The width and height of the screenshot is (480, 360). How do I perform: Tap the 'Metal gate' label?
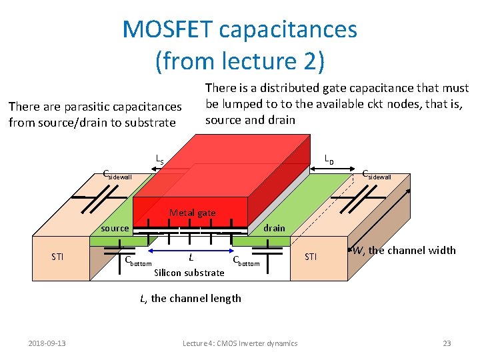click(192, 213)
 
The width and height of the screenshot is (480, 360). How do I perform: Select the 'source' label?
click(115, 228)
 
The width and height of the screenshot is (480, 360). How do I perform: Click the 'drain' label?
click(273, 228)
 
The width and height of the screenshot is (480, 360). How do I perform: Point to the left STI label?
click(58, 257)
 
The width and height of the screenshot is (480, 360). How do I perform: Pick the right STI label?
click(311, 256)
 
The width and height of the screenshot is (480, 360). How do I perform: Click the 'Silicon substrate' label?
click(189, 272)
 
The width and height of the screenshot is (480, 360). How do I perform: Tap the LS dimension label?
click(159, 159)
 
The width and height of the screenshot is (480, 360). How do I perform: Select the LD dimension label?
click(329, 159)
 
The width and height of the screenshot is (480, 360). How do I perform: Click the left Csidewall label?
click(117, 176)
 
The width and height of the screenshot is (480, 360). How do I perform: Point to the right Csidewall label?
click(376, 175)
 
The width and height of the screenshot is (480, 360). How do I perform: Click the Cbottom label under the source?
click(139, 261)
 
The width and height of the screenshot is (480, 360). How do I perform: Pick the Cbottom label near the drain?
click(245, 261)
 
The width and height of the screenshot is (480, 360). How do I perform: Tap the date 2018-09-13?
click(47, 343)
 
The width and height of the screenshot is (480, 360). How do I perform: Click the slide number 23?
click(447, 343)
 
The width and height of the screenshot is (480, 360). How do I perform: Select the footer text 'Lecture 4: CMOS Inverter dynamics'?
click(240, 343)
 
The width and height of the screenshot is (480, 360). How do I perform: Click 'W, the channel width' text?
click(404, 251)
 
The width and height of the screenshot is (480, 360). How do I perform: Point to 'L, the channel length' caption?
click(191, 298)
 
